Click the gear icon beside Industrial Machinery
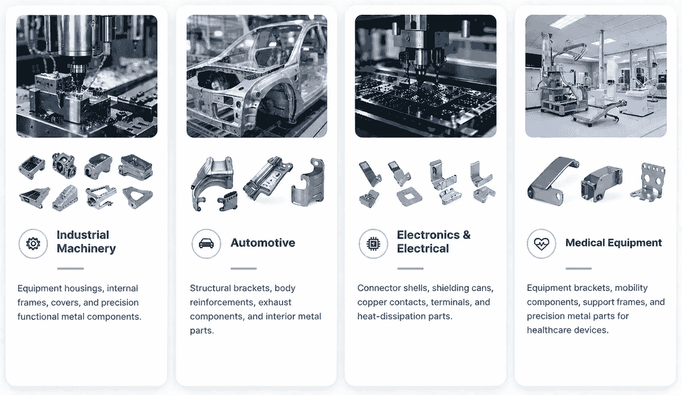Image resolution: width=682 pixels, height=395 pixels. pos(33,244)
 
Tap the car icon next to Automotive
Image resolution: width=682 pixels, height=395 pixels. pos(206,244)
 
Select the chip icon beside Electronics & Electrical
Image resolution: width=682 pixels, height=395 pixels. pos(373,244)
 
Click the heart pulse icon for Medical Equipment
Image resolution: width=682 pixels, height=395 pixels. pos(541,244)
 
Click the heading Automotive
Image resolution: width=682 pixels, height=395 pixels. pos(263,243)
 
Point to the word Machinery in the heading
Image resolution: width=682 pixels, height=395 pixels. pos(86,249)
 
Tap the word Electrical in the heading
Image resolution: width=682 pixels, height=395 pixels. pos(423,249)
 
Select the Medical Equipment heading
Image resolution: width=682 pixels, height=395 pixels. pos(613,243)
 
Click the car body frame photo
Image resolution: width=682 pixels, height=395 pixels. pos(257,76)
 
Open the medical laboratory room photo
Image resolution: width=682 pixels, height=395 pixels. pos(596,76)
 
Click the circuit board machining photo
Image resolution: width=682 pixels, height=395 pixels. pos(426,76)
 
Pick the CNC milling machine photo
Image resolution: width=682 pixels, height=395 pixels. pos(87,76)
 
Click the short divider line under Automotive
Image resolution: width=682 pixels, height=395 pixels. pos(244,269)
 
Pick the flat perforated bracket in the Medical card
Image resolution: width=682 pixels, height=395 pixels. pos(650,182)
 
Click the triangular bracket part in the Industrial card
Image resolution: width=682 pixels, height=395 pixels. pos(137,197)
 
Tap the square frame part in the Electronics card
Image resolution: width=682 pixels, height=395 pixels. pos(410,196)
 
